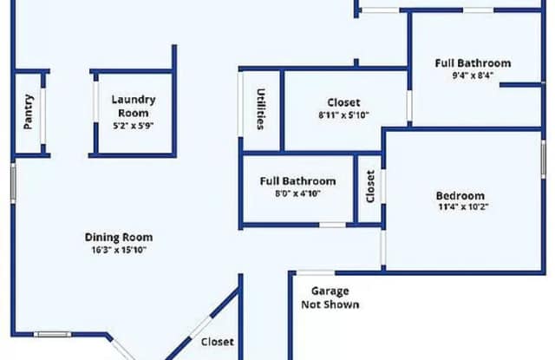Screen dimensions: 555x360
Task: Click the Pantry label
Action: (x=29, y=112)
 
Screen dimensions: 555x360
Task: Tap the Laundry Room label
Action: (x=134, y=106)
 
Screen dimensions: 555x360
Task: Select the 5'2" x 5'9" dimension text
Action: (x=134, y=126)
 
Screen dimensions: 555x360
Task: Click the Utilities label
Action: (x=261, y=109)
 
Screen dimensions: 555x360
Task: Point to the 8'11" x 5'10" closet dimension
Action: (x=343, y=115)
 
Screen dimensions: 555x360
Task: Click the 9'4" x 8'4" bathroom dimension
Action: (x=473, y=75)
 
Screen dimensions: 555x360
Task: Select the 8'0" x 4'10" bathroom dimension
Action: (x=297, y=193)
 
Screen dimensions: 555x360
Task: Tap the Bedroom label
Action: (x=460, y=195)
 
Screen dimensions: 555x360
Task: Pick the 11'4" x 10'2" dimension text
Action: (x=463, y=206)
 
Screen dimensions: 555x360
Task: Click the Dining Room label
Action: (x=119, y=237)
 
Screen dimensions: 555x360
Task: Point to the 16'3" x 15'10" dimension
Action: (x=119, y=250)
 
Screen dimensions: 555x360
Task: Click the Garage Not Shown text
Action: (x=330, y=298)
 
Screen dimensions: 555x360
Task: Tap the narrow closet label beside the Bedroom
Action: (x=370, y=187)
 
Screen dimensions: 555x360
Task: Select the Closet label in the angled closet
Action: (x=218, y=342)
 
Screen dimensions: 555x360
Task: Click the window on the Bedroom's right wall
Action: (x=544, y=159)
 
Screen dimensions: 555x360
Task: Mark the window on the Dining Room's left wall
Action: (x=13, y=183)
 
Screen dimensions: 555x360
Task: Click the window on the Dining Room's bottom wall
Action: (x=52, y=334)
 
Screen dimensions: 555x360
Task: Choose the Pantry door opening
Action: (x=43, y=116)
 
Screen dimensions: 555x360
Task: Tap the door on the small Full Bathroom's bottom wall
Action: (x=332, y=226)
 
